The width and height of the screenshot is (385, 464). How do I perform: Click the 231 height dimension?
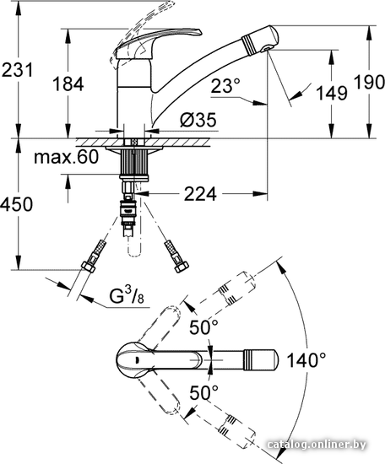pos(17,70)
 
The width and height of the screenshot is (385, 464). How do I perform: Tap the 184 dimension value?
pos(68,84)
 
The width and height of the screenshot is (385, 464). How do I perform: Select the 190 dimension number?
pos(369,82)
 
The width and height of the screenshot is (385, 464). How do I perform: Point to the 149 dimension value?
pos(332,93)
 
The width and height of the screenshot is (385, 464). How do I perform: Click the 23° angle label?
pos(226,86)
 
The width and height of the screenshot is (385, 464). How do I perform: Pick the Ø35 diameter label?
pos(198,120)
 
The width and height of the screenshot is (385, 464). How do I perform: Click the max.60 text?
pos(66,157)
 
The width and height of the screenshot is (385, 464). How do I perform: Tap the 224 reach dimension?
pos(200,194)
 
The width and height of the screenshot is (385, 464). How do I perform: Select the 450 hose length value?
pos(16,204)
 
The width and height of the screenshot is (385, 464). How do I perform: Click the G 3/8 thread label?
pos(127,295)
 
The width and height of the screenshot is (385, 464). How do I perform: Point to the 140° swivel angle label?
pos(306,360)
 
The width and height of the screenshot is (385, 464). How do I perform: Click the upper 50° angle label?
pos(203,327)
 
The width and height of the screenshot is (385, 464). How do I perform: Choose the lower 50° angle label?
pos(203,392)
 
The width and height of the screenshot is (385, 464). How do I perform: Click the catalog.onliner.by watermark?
pos(317,445)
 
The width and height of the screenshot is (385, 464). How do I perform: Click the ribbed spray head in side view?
pos(260,40)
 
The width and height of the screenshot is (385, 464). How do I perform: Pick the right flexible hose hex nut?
pos(182,267)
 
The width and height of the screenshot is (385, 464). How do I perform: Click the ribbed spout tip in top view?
pos(261,360)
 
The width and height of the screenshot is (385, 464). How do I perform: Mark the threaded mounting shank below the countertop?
pos(133,163)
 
